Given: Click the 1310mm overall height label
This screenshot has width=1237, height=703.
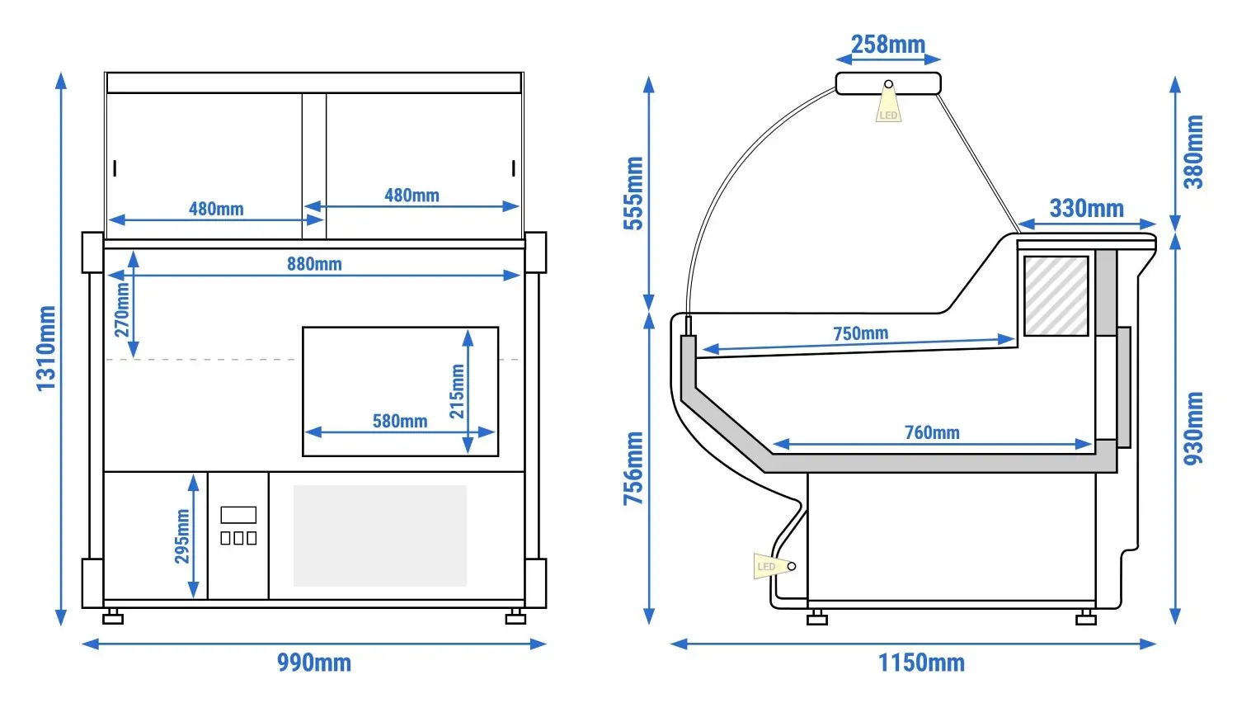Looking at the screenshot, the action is coord(46,348).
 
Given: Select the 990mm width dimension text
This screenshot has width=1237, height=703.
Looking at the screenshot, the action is coord(313,663).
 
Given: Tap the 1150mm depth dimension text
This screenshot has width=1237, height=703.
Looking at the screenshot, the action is coord(921,663).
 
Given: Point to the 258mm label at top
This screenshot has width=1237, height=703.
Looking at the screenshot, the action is coord(888,45).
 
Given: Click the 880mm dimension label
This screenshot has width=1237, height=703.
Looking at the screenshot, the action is coord(314,264).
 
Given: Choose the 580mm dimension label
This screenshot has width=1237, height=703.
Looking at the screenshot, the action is coord(400,421).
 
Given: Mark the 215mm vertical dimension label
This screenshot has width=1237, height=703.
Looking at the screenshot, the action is coord(457,391).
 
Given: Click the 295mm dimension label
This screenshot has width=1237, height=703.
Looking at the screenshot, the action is coord(181,536).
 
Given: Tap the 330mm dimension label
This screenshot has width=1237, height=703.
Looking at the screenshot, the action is coord(1086,209).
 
